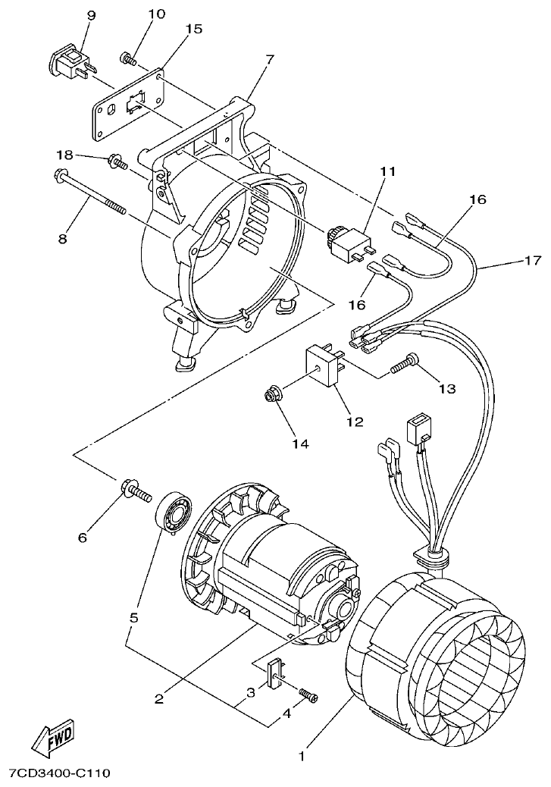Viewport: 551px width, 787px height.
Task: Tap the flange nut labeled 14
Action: click(268, 394)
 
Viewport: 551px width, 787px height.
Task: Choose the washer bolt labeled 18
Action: click(117, 161)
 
